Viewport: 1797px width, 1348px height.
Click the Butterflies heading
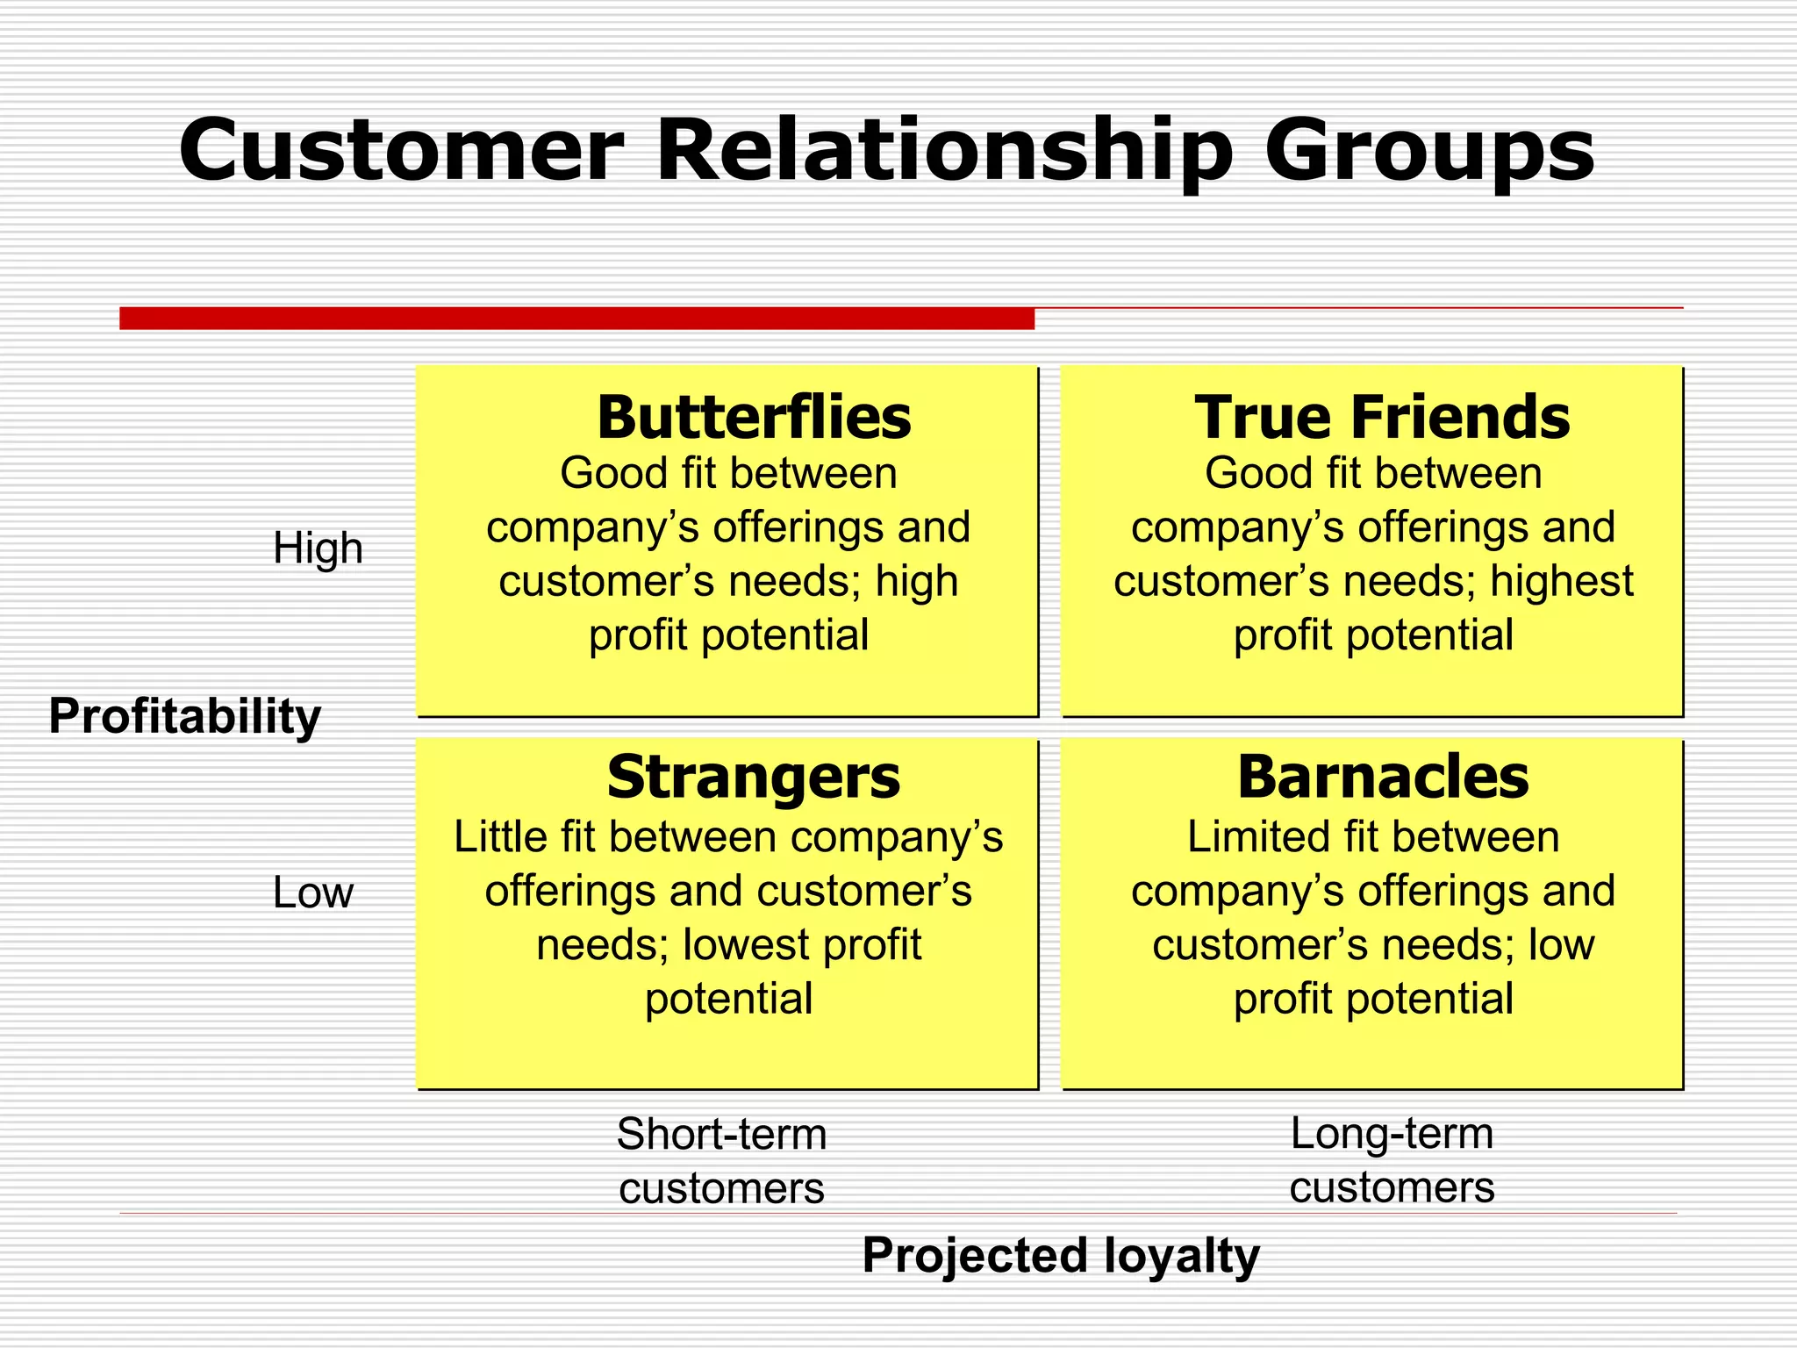(754, 418)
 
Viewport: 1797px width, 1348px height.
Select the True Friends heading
(1382, 418)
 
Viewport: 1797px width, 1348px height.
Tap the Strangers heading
(753, 778)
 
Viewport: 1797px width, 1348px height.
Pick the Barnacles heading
(1383, 778)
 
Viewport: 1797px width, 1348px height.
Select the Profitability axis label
(184, 716)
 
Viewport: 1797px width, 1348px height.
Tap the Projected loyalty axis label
(1060, 1255)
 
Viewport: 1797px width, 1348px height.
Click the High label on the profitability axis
(318, 549)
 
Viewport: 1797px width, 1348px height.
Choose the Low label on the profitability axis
(312, 893)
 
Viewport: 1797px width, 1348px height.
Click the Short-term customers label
(721, 1161)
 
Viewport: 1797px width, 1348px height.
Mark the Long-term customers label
(1392, 1160)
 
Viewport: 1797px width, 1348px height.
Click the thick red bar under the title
(576, 319)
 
